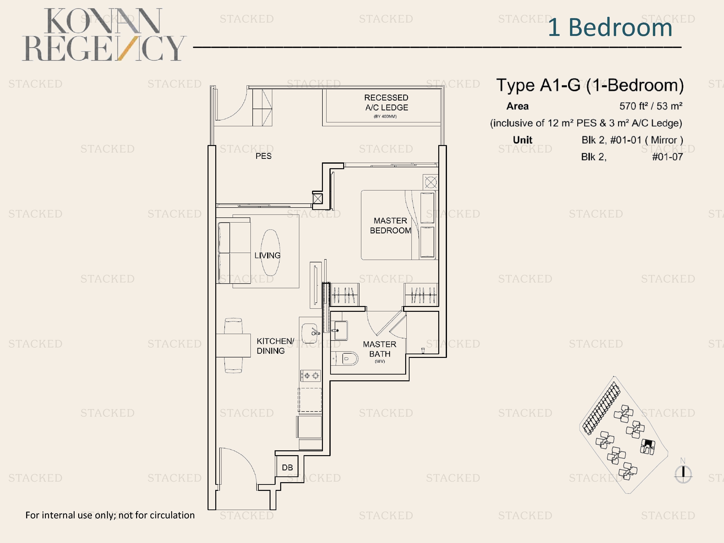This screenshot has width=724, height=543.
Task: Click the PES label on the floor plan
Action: [x=264, y=156]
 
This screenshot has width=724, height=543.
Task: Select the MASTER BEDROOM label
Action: [x=390, y=225]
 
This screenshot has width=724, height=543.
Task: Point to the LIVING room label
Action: [x=267, y=255]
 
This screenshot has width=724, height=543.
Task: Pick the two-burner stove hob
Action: [x=311, y=376]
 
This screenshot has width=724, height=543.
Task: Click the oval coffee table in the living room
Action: [x=270, y=252]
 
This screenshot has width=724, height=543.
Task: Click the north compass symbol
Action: [x=683, y=472]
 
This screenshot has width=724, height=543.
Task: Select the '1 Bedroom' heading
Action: [x=610, y=27]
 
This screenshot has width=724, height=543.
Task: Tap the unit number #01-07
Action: [x=667, y=157]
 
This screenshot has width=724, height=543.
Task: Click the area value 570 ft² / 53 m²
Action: [x=651, y=106]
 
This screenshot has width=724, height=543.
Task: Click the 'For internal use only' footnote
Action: [x=110, y=515]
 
